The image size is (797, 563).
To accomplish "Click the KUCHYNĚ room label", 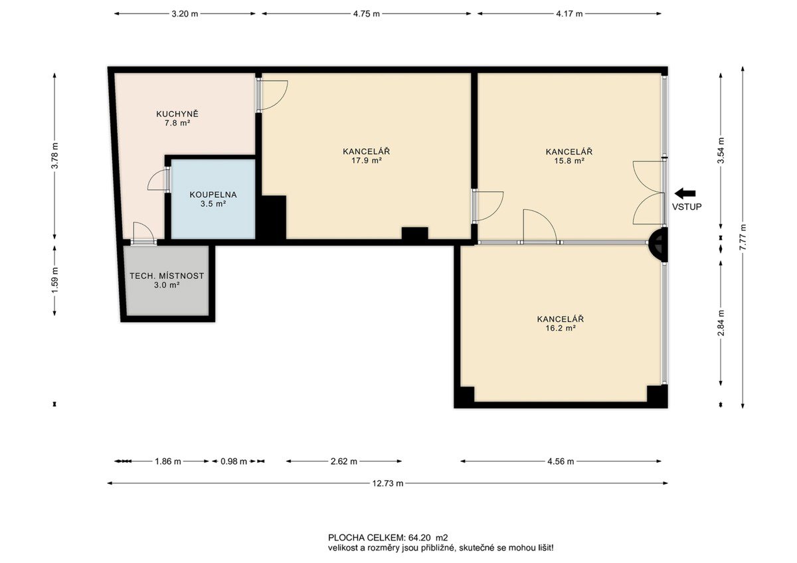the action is [177, 114].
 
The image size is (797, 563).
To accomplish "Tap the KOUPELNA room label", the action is [213, 195].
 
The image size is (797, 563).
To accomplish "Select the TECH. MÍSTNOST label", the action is [167, 276].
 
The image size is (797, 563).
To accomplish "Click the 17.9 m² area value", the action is [367, 161].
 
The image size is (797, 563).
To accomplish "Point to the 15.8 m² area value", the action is [569, 161].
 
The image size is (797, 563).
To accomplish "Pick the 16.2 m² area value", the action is [561, 328].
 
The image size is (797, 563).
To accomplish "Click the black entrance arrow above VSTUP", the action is [685, 193].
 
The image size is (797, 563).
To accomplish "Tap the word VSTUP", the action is [687, 206].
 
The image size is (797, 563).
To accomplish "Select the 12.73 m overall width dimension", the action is [388, 483].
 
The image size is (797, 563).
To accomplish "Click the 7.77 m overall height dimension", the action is [743, 237].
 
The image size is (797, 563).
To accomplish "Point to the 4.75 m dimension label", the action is [367, 14].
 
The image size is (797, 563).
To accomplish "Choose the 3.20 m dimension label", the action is [185, 14].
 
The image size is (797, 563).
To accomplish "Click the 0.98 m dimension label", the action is [234, 461].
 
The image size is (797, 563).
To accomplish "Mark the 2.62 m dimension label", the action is [344, 461].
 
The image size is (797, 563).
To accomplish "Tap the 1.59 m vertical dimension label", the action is [54, 280].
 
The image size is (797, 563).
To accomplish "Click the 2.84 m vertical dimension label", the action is [721, 323].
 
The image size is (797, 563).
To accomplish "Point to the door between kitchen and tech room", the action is [143, 233].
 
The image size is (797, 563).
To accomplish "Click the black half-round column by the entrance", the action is [659, 245].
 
